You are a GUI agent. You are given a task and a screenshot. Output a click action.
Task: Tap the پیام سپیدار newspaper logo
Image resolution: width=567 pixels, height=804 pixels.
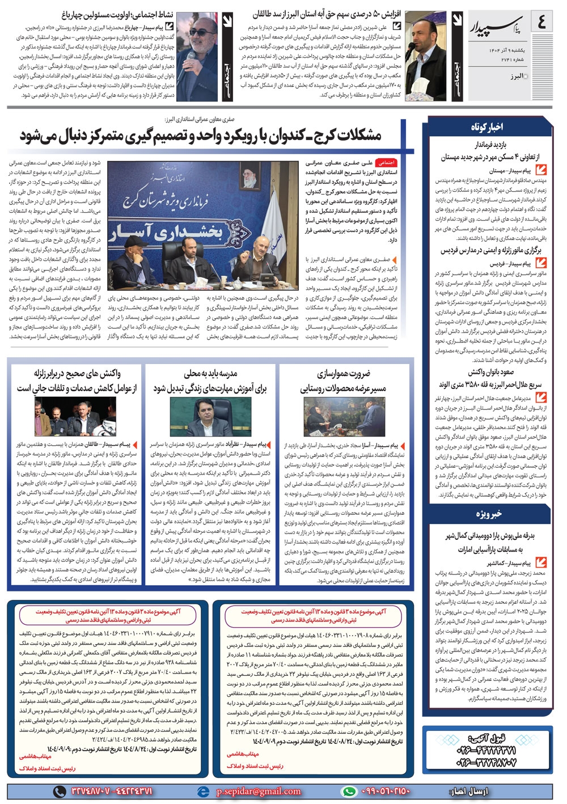491,26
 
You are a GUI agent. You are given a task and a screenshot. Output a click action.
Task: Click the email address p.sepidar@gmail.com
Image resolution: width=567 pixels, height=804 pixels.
259,792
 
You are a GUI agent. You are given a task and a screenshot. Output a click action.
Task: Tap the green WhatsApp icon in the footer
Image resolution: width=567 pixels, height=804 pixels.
349,792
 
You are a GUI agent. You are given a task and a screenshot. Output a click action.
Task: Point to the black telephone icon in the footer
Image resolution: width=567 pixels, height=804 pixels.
60,792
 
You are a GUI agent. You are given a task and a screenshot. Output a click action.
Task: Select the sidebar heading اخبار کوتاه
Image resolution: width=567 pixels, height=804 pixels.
487,126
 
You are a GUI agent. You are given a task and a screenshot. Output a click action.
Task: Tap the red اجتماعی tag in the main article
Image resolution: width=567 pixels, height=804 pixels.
387,163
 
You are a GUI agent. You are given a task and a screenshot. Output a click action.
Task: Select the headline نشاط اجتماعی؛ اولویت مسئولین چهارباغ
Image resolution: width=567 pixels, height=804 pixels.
117,14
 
